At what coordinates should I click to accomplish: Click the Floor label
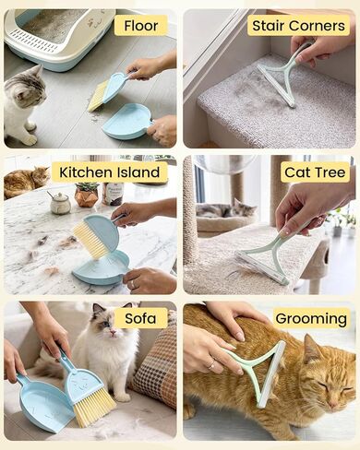click(x=141, y=26)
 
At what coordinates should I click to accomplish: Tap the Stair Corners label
click(x=298, y=26)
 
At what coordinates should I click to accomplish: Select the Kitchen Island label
click(x=110, y=172)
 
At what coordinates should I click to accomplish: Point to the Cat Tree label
click(x=315, y=172)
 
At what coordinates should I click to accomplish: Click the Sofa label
click(x=140, y=318)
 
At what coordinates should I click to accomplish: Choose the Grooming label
click(x=311, y=318)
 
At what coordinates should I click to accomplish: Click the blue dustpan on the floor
click(x=127, y=122)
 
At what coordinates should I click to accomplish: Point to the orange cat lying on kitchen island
click(x=26, y=182)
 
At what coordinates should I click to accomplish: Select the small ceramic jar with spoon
click(x=60, y=202)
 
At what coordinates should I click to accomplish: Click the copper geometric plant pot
click(x=87, y=197)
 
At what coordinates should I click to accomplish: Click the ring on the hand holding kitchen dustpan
click(x=133, y=285)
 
